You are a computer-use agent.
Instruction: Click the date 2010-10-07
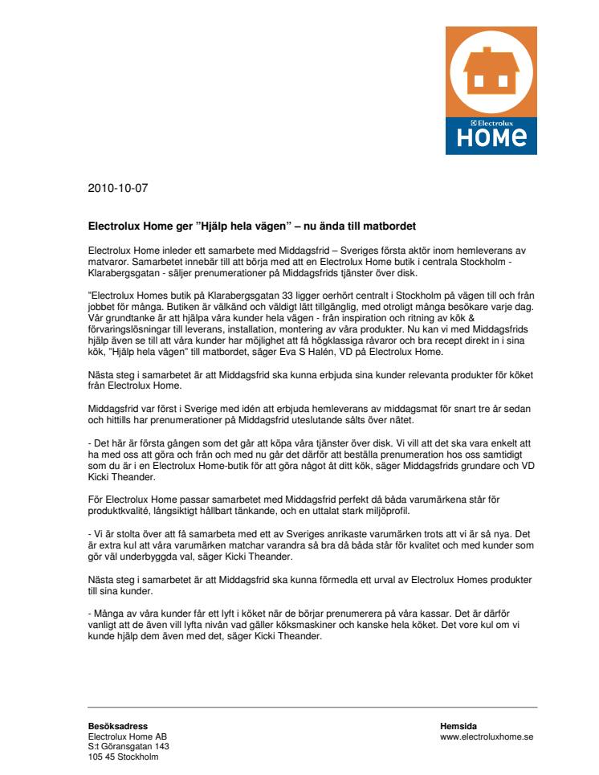tap(118, 189)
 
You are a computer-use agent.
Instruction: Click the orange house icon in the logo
tap(491, 70)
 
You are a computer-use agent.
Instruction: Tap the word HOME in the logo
tap(491, 139)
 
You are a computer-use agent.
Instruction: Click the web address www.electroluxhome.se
tap(487, 736)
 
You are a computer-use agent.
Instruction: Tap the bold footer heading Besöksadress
tap(117, 726)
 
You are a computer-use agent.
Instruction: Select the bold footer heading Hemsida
tap(458, 726)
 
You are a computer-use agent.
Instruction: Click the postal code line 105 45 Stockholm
tap(123, 757)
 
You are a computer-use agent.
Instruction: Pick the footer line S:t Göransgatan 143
tap(128, 747)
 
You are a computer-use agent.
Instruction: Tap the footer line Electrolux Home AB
tap(128, 736)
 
